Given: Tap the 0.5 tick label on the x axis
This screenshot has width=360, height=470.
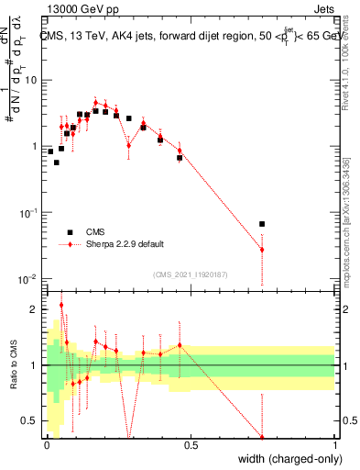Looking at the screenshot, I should click(x=191, y=445).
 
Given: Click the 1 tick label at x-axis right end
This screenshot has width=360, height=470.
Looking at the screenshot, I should click(x=334, y=445).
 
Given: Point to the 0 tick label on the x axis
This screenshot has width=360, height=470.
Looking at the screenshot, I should click(x=47, y=445).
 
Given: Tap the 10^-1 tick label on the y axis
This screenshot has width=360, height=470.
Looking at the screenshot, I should click(x=27, y=212).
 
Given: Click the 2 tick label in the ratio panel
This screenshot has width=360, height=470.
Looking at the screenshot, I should click(x=35, y=309).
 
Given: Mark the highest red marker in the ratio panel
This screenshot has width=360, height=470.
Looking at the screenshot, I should click(x=61, y=305).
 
